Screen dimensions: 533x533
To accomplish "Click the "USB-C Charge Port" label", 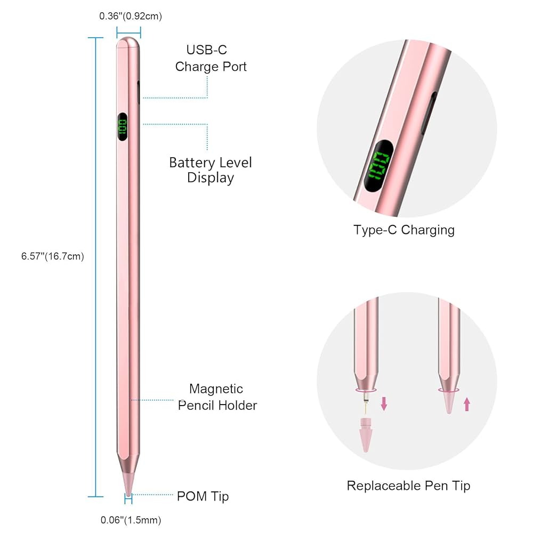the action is point(211,58).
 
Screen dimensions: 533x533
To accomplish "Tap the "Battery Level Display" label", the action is point(211,170).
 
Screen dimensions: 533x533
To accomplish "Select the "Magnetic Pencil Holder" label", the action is point(217,397).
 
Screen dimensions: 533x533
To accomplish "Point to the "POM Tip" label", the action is point(203,496).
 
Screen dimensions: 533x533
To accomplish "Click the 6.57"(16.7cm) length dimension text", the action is point(53,256).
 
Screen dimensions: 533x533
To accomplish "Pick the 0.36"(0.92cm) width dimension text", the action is point(131,16).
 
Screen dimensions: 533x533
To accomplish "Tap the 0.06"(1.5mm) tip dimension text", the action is point(131,520).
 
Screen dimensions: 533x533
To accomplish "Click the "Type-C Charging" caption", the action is point(404,230).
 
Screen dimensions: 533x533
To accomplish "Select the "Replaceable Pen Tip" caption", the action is point(408,486).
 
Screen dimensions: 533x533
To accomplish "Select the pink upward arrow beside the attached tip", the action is point(467,404).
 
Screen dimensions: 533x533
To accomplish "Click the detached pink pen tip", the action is point(365,435).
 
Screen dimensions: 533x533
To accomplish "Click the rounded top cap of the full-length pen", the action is point(128,43).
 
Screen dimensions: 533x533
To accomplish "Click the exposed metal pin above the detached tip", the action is point(365,405).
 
